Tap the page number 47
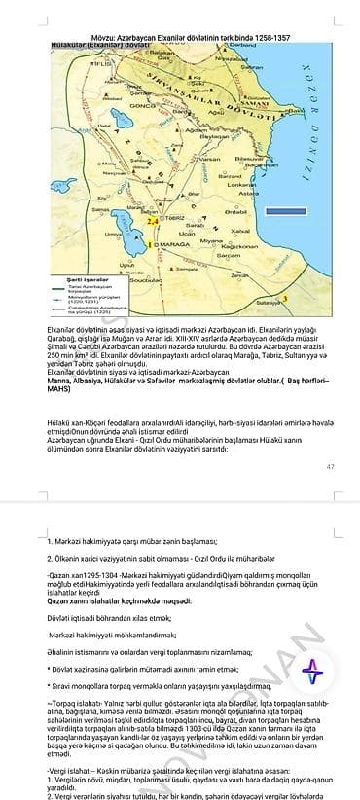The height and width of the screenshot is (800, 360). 330,468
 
